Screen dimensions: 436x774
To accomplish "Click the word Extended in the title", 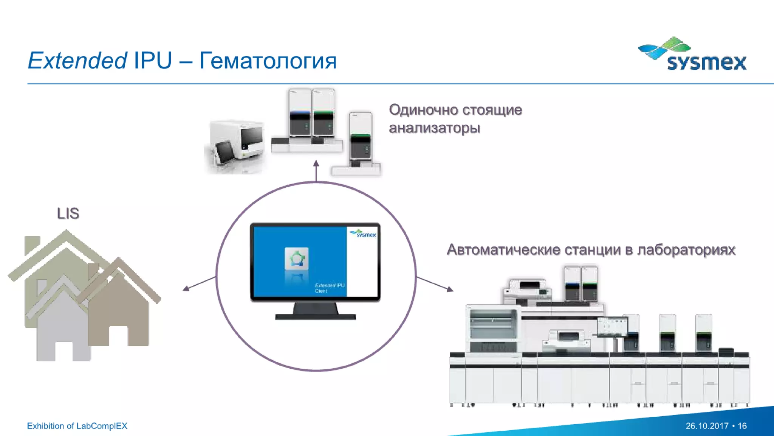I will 77,61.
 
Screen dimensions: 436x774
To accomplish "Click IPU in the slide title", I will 153,61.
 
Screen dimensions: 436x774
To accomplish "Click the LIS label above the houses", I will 68,213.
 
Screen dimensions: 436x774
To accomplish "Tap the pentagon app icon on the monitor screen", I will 297,259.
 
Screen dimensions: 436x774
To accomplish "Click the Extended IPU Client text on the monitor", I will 329,288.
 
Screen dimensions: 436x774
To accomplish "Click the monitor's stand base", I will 316,316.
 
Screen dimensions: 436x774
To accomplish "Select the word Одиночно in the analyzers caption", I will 423,110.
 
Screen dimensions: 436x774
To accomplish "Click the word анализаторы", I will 434,128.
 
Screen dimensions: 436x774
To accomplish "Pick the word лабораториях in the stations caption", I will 686,250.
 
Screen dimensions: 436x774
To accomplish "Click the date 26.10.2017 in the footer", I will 707,426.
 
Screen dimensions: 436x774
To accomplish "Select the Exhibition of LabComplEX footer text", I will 77,426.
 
